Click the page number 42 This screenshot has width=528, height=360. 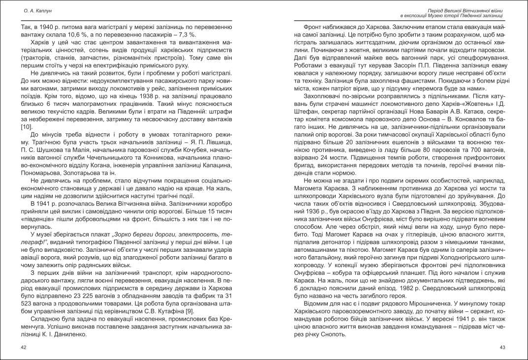click(x=23, y=348)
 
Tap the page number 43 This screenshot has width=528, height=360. click(x=502, y=348)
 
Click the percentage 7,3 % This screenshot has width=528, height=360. click(x=185, y=35)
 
